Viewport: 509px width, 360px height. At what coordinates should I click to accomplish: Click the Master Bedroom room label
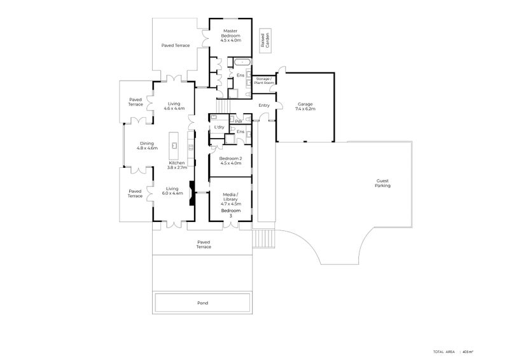point(230,36)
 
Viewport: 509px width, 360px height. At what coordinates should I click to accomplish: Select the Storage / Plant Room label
point(264,81)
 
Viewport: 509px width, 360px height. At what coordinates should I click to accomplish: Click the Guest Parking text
point(382,183)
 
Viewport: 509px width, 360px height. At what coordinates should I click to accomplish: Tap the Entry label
point(264,106)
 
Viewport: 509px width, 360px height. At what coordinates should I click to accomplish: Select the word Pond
point(202,303)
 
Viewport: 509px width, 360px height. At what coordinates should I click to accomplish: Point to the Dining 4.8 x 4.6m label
point(146,145)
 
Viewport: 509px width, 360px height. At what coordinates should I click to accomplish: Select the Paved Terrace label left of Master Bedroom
point(176,46)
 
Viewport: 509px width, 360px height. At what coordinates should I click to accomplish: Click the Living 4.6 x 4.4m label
point(174,106)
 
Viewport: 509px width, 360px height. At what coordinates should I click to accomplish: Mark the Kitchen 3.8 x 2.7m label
point(176,165)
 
